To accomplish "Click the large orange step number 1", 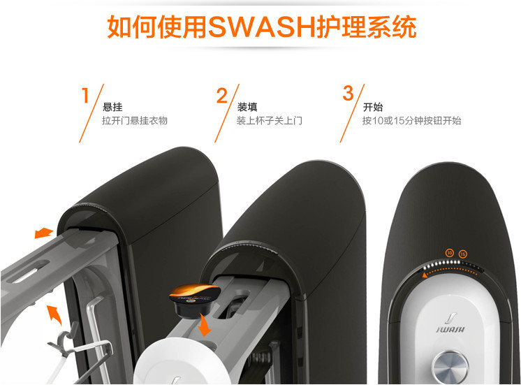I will click(x=86, y=95).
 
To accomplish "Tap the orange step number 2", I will click(x=222, y=95).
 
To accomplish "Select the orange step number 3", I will click(x=348, y=93).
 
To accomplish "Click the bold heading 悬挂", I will click(x=112, y=107).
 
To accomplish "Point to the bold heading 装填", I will click(x=247, y=107).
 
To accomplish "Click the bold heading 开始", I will click(x=373, y=107).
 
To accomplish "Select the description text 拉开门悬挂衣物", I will click(x=135, y=121).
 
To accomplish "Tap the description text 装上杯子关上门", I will click(x=270, y=121).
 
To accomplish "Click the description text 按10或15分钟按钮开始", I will click(x=411, y=121).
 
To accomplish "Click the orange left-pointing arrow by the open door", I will click(x=43, y=232).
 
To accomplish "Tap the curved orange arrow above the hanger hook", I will click(x=53, y=314).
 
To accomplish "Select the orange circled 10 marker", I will click(x=450, y=252).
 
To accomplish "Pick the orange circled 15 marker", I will click(x=463, y=252).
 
